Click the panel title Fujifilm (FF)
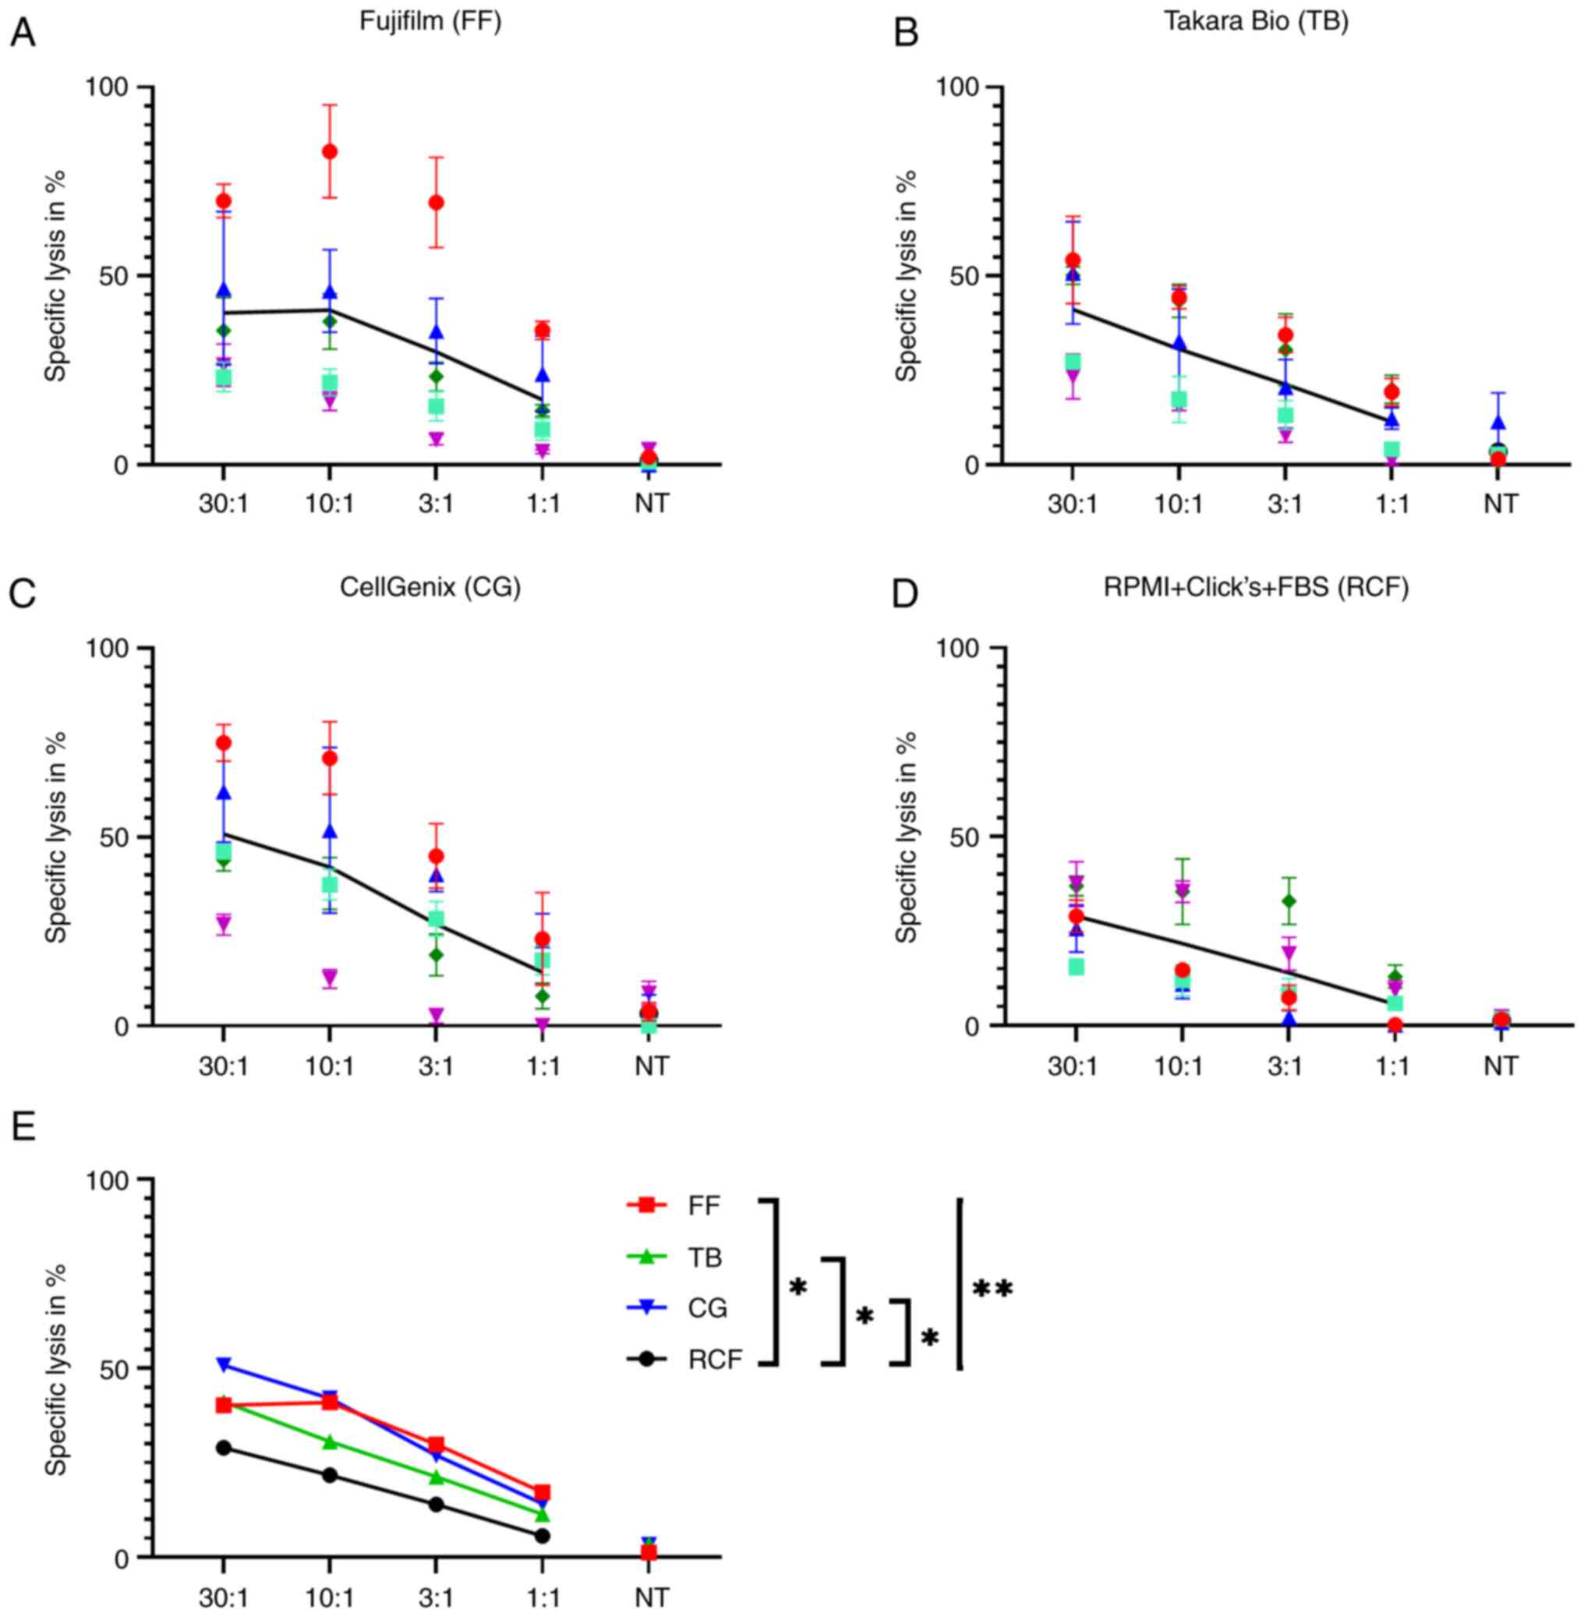coord(430,21)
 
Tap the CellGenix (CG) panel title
coord(430,588)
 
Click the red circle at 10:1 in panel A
coord(331,151)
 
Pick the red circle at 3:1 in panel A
coord(436,202)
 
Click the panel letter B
coord(906,34)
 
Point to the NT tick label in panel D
coord(1500,1066)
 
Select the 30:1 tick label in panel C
coord(224,1066)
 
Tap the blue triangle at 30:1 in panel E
coord(224,1365)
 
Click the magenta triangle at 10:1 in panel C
coord(331,976)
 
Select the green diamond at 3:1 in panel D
coord(1289,901)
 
